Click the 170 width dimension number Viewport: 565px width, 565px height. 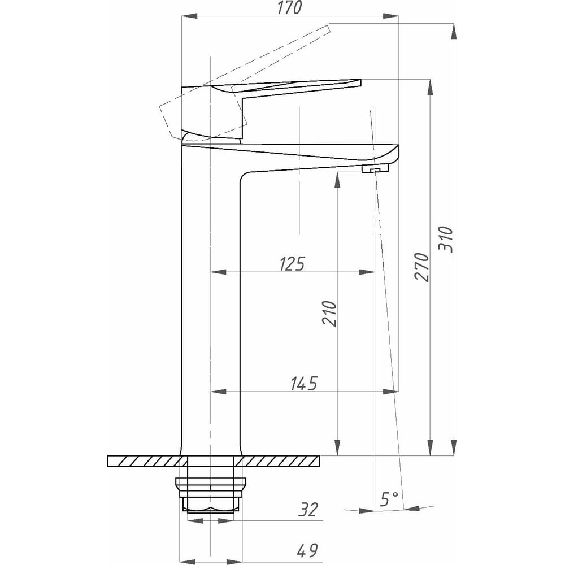pyautogui.click(x=290, y=7)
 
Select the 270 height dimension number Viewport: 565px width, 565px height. pyautogui.click(x=422, y=267)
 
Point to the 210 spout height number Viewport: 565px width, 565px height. pyautogui.click(x=329, y=314)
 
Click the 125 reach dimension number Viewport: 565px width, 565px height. pyautogui.click(x=292, y=264)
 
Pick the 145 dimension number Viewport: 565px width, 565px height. pyautogui.click(x=304, y=384)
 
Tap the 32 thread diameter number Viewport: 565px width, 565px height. pyautogui.click(x=309, y=510)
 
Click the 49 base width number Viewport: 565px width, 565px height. pyautogui.click(x=307, y=550)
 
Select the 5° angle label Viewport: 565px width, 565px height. pyautogui.click(x=389, y=500)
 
